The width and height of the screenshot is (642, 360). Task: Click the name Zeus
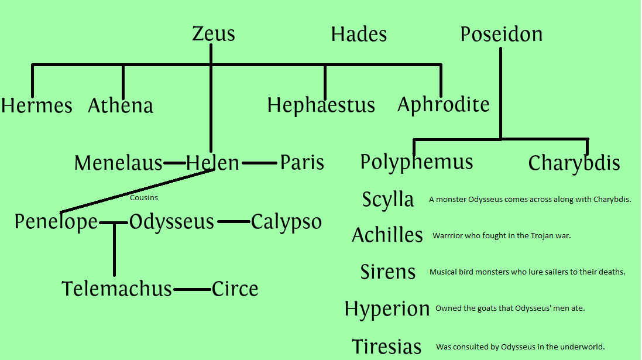[x=214, y=34]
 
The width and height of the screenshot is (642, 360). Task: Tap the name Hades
[x=359, y=34]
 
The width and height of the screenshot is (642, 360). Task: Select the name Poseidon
[x=501, y=34]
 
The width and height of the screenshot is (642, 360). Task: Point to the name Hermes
[x=37, y=106]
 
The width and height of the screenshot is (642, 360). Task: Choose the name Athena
[x=121, y=106]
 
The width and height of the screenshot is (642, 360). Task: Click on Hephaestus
[x=321, y=105]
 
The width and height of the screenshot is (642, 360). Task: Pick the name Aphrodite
[x=444, y=105]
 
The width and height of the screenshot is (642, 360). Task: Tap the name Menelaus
[x=118, y=163]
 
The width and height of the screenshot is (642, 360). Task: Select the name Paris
[x=302, y=163]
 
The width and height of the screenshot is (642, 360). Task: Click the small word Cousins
[x=144, y=198]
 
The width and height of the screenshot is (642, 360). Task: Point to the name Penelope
[x=56, y=222]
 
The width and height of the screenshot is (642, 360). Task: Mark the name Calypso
[x=286, y=222]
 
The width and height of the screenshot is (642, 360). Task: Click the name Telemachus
[x=117, y=289]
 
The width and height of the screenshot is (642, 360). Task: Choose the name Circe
[x=235, y=289]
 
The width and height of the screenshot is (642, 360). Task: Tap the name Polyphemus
[x=417, y=162]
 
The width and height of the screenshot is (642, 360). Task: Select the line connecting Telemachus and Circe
[x=192, y=289]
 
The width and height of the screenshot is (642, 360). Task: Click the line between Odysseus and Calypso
[x=234, y=222]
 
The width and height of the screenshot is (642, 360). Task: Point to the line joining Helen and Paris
[x=259, y=163]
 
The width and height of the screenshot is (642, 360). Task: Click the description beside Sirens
[x=527, y=272]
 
